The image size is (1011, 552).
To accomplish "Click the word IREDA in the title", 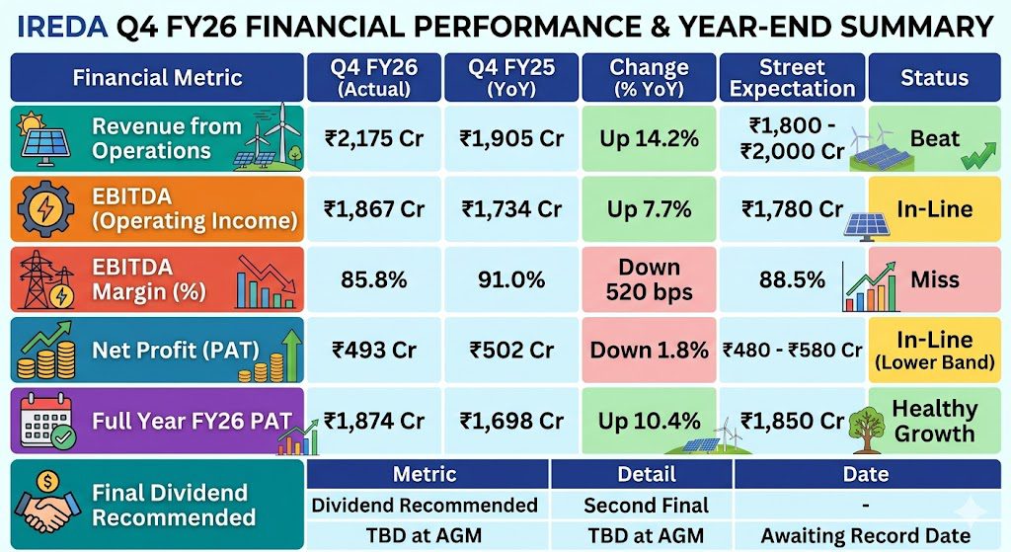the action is pos(62,27).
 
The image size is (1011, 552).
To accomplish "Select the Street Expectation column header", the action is pos(793,77).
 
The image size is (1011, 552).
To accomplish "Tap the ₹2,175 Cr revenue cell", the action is pos(374,138).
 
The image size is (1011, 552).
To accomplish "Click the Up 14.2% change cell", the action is pos(649,138).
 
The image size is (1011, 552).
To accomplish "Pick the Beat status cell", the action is pos(934,138).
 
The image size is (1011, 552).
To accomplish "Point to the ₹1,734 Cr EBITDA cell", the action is pos(511,209).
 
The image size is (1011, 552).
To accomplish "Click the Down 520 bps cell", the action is pos(649,279).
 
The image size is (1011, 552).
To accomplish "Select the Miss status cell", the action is pos(934,279).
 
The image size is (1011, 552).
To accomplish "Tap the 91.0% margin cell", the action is pos(511,279).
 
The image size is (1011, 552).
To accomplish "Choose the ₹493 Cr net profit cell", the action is pos(374,350).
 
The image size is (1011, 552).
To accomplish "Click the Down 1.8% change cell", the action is pos(649,350).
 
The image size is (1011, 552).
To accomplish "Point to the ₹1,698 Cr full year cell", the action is pos(511,421).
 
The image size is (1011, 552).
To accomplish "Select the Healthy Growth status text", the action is pos(934,421).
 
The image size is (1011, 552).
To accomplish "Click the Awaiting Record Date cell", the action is pos(866,535).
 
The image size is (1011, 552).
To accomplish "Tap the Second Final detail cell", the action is pos(646,505).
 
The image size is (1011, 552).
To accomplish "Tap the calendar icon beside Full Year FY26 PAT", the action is pos(45,421).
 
